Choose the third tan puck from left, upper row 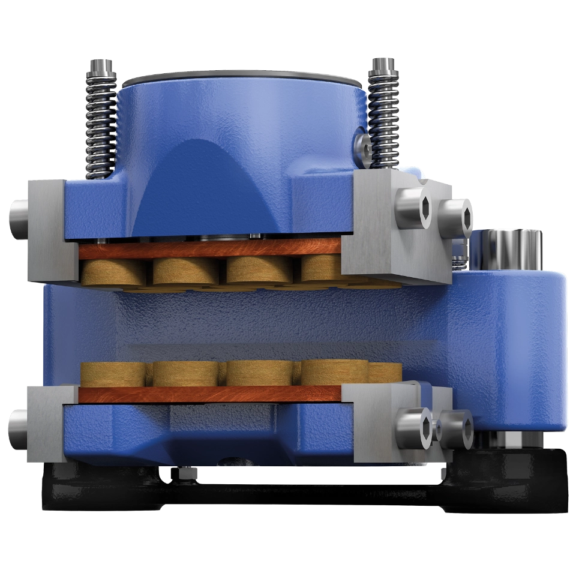point(258,270)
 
